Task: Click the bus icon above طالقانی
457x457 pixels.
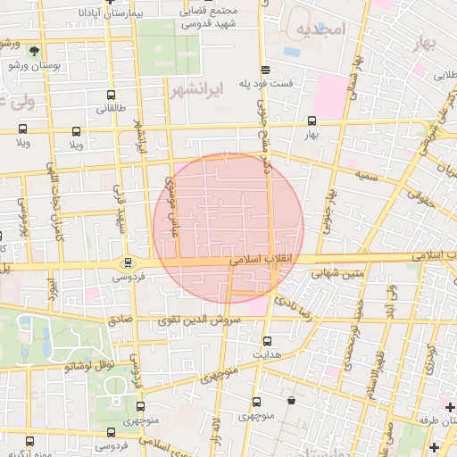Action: pos(110,95)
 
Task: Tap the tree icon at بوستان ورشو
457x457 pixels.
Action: pos(34,51)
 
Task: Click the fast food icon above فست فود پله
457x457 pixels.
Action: pos(264,70)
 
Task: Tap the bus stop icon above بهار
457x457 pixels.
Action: pos(312,120)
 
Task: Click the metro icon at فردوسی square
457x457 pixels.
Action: pos(129,262)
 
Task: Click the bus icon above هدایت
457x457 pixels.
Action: pos(267,340)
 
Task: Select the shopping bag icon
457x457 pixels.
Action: pos(292,401)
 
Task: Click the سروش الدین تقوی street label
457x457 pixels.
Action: pos(193,320)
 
